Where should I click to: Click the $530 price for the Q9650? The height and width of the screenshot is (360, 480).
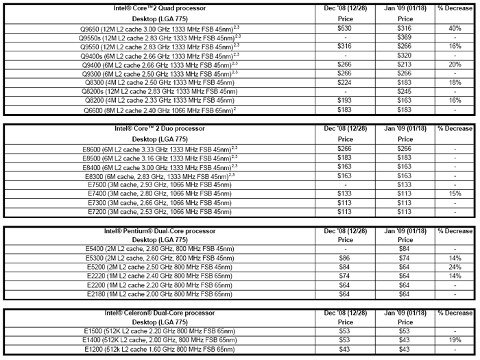coord(344,28)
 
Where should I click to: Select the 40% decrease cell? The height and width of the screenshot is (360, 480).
coord(455,28)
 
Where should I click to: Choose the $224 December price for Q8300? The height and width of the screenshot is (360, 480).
coord(344,82)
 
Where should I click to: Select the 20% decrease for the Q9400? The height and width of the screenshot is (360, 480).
coord(455,64)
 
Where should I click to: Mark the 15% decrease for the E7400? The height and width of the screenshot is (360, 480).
coord(455,194)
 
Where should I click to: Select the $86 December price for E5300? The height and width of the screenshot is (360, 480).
coord(344,258)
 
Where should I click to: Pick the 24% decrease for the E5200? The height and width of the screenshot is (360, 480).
coord(455,267)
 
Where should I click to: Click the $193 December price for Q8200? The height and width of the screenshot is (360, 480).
coord(344,101)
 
